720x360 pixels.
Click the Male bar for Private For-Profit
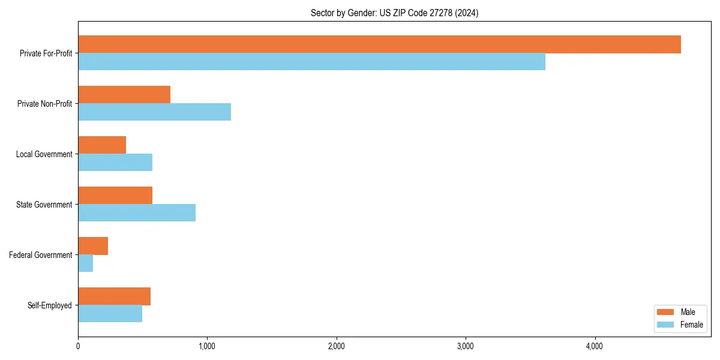[379, 44]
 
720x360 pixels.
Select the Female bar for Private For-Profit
[311, 62]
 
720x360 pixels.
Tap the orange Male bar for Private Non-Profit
[124, 95]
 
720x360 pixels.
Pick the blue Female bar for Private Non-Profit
[154, 112]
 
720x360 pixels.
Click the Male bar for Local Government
[102, 145]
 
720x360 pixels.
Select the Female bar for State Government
[137, 213]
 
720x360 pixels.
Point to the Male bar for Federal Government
[93, 246]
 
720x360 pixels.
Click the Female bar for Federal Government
[85, 263]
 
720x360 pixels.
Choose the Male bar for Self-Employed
[114, 296]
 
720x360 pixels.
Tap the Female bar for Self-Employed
[110, 314]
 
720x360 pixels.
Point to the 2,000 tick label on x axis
[336, 346]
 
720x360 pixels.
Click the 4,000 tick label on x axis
[595, 346]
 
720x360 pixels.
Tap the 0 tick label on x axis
[78, 346]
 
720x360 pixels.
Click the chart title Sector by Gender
[394, 13]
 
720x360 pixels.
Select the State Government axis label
[44, 205]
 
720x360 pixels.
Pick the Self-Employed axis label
[49, 305]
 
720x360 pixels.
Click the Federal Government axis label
[40, 255]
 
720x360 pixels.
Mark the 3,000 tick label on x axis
[466, 346]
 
